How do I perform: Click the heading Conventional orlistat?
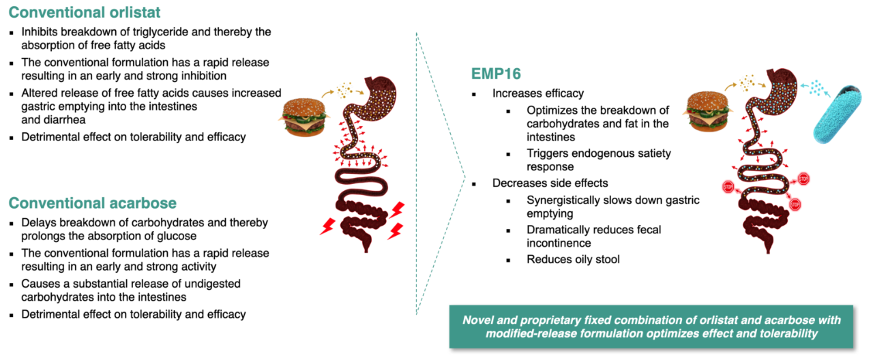85,13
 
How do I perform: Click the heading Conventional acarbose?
92,203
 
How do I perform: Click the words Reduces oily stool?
573,259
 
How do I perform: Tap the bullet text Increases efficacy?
538,93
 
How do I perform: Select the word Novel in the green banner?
479,320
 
